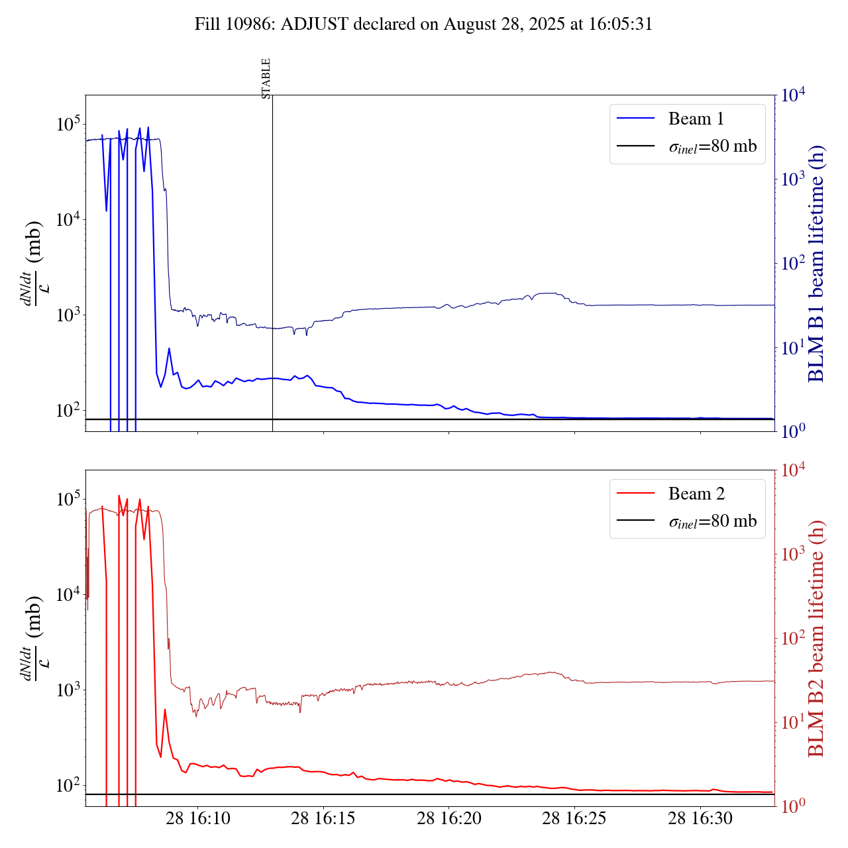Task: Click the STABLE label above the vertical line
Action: [x=266, y=78]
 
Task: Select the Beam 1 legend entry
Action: [x=696, y=119]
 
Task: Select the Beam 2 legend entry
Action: [x=696, y=494]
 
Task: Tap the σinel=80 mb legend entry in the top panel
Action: [x=712, y=146]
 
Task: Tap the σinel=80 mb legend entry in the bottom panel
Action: [x=712, y=521]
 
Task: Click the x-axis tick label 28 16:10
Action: [x=198, y=819]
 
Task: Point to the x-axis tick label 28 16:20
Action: [x=449, y=819]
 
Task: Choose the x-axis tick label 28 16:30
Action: [x=700, y=819]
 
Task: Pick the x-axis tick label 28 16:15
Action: [x=323, y=819]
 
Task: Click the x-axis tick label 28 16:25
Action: [x=574, y=819]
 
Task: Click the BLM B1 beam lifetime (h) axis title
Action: [x=817, y=264]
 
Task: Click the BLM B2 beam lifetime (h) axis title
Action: [x=817, y=639]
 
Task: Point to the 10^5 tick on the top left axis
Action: [x=68, y=124]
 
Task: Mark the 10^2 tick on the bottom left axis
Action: [x=68, y=786]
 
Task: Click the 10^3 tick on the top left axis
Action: [x=68, y=315]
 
